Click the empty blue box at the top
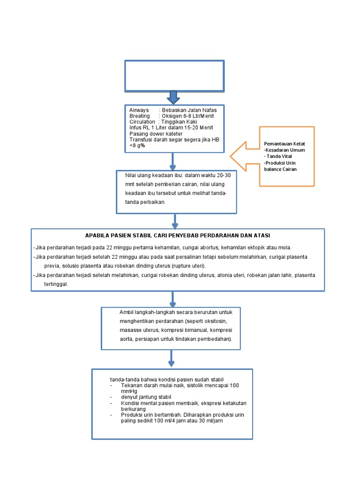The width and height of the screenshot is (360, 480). pos(174,75)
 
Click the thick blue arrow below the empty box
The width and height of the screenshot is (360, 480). pos(173,97)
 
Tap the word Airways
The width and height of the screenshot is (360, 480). pos(139,110)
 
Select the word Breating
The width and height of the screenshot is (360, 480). pos(140,116)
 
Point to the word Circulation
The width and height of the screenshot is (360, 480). pos(142,122)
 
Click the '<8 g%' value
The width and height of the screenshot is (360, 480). pos(137,145)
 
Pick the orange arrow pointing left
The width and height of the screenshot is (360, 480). pos(244,156)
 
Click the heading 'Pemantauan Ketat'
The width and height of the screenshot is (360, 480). pos(285,143)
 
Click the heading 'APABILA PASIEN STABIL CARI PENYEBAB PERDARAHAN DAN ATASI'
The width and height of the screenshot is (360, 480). pos(178,235)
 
